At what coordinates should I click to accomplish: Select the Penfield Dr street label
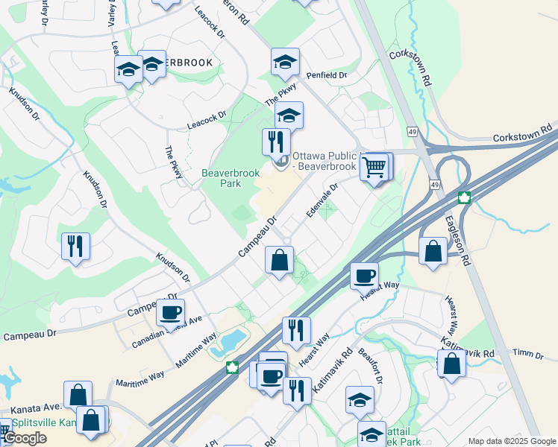click(326, 76)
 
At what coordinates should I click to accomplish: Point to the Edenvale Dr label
click(322, 200)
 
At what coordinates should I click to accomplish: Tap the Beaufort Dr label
click(371, 366)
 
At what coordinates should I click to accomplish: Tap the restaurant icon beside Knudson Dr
click(75, 247)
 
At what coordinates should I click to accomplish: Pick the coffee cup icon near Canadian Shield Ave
click(171, 312)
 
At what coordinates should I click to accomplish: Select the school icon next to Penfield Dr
click(285, 63)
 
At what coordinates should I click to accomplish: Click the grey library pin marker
click(281, 161)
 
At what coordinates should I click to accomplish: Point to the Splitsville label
click(37, 423)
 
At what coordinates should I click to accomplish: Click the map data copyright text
click(512, 441)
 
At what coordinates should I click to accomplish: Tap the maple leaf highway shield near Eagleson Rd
click(465, 198)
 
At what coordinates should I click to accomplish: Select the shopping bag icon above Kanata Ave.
click(78, 395)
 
